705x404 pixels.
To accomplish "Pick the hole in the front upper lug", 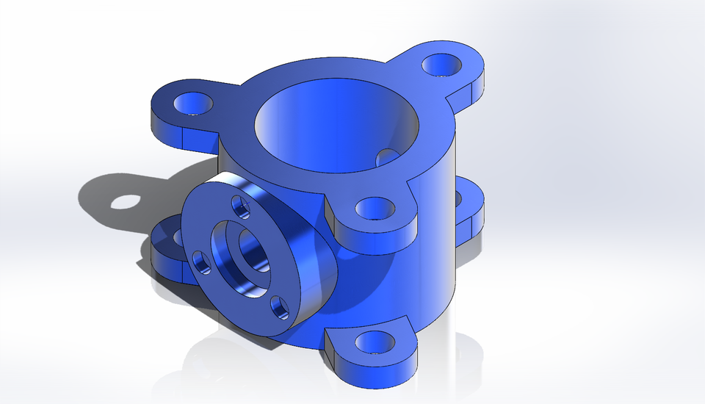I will [375, 209].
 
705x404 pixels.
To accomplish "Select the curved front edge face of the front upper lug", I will [375, 239].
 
